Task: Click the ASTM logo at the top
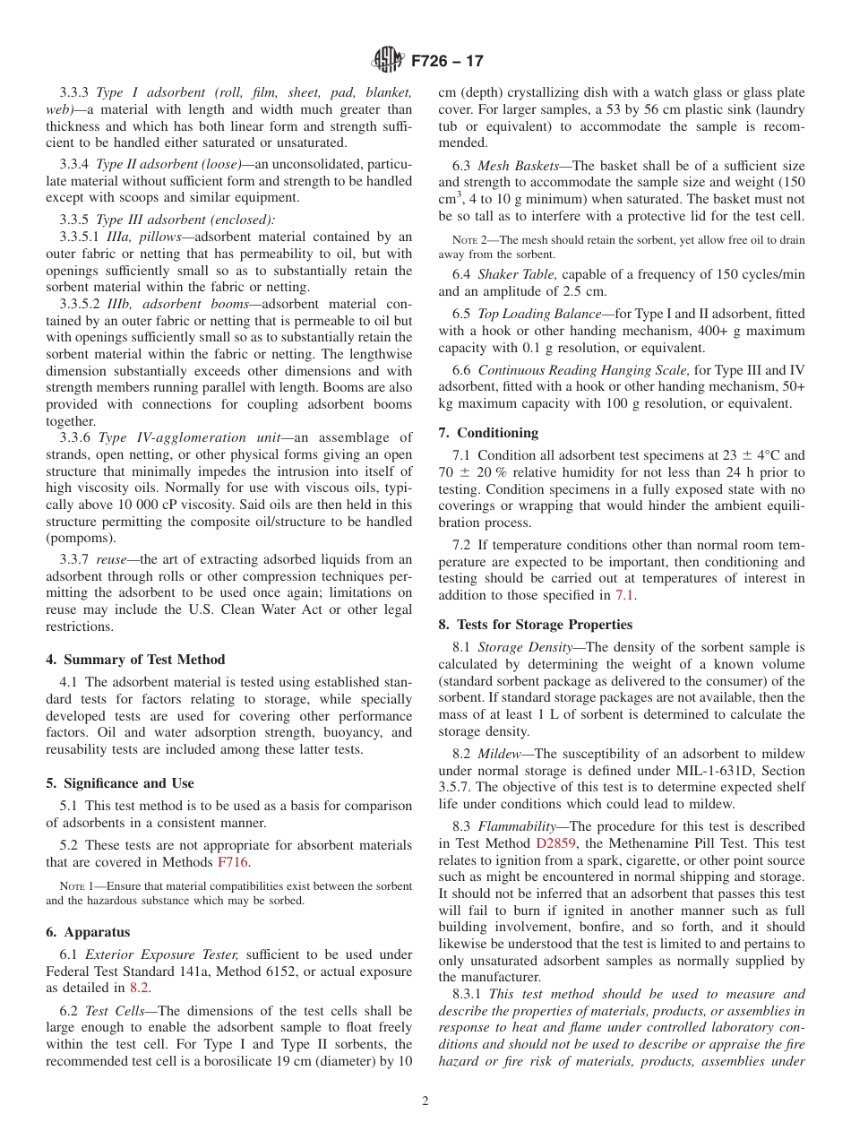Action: tap(388, 60)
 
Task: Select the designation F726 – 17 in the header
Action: tap(447, 61)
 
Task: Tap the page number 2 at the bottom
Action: tap(425, 1101)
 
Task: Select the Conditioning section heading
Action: tap(488, 432)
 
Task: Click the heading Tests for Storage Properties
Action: tap(535, 624)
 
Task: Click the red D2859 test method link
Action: tap(557, 843)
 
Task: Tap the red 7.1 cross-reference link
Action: tap(625, 595)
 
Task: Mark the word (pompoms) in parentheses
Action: tap(81, 538)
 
